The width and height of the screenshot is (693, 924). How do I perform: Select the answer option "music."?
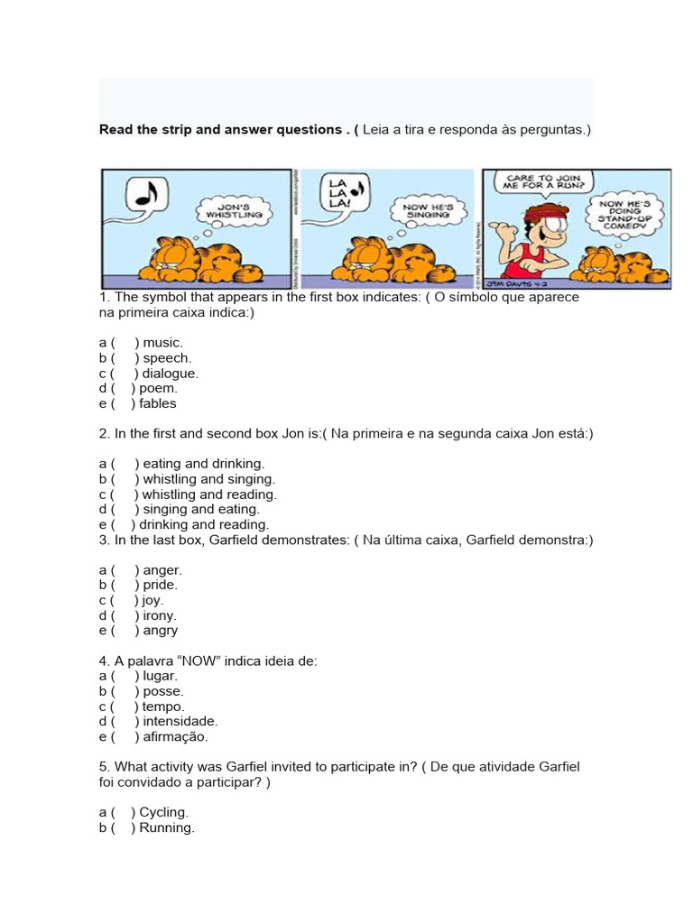pyautogui.click(x=162, y=342)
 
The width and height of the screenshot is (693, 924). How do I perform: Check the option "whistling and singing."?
pyautogui.click(x=208, y=479)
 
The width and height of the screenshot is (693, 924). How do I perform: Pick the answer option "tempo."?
pyautogui.click(x=163, y=707)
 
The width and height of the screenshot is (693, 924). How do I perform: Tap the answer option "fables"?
pyautogui.click(x=157, y=403)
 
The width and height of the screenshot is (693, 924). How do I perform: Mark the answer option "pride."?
pyautogui.click(x=160, y=585)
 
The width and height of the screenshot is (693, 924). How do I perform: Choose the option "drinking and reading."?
pyautogui.click(x=204, y=524)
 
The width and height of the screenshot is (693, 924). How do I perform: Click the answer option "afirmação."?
pyautogui.click(x=175, y=736)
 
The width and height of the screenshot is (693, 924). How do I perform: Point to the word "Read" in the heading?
pyautogui.click(x=115, y=130)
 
